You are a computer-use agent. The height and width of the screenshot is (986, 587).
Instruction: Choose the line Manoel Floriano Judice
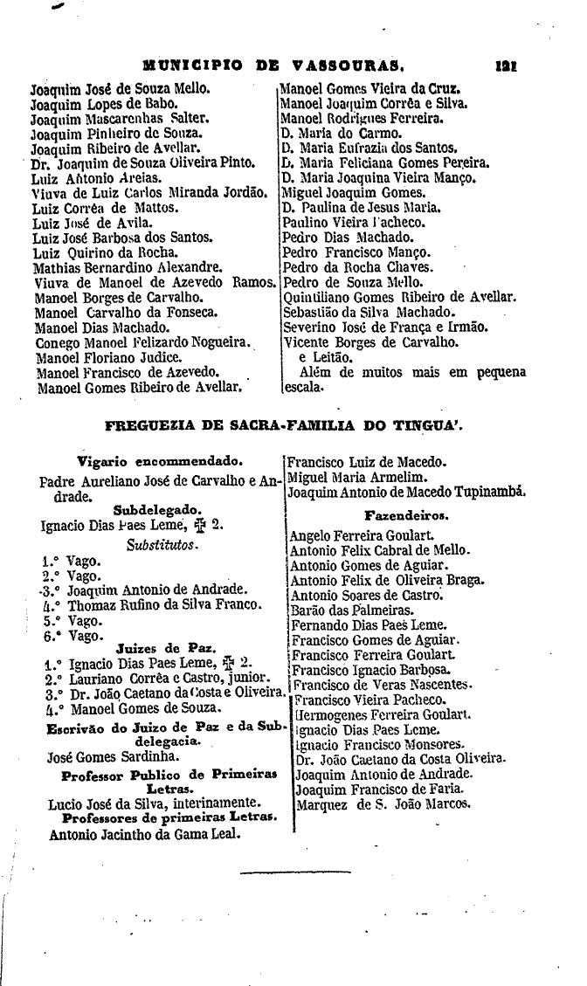[108, 357]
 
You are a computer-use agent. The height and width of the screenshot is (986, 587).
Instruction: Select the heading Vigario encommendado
[160, 460]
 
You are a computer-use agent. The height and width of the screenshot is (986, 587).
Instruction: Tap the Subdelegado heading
[157, 510]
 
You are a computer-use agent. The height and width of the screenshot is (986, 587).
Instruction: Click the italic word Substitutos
[162, 545]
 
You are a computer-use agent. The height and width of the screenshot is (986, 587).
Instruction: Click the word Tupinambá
[485, 493]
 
